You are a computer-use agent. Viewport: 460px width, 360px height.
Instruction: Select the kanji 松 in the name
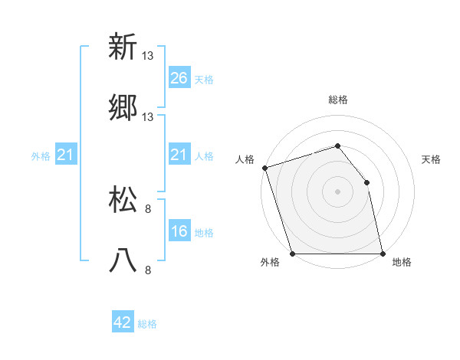coord(123,199)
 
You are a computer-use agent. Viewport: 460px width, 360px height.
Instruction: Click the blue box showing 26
coord(179,77)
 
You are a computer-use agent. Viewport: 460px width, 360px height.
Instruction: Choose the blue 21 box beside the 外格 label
coord(66,155)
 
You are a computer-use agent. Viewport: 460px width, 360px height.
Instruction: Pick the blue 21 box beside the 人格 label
coord(179,155)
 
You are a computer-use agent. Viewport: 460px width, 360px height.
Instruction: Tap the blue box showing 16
coord(179,232)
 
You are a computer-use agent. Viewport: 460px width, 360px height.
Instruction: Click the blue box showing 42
coord(123,322)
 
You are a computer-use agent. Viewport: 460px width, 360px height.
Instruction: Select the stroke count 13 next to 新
coord(148,55)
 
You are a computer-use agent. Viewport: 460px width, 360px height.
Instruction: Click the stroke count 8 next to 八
coord(148,270)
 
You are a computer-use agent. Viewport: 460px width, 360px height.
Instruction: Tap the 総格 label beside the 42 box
coord(147,324)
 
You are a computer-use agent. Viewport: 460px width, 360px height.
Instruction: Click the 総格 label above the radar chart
coord(338,100)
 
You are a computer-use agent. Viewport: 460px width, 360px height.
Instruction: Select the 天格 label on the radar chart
coord(432,159)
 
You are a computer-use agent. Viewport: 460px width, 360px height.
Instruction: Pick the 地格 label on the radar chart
coord(402,262)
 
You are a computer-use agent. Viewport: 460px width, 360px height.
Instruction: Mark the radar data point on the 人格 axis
coord(264,168)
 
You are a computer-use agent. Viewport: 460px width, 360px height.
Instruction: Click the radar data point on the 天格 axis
coord(366,182)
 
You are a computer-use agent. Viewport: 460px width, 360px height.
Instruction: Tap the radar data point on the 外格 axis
coord(292,254)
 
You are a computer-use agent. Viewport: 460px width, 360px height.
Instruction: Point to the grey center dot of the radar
coord(337,191)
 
